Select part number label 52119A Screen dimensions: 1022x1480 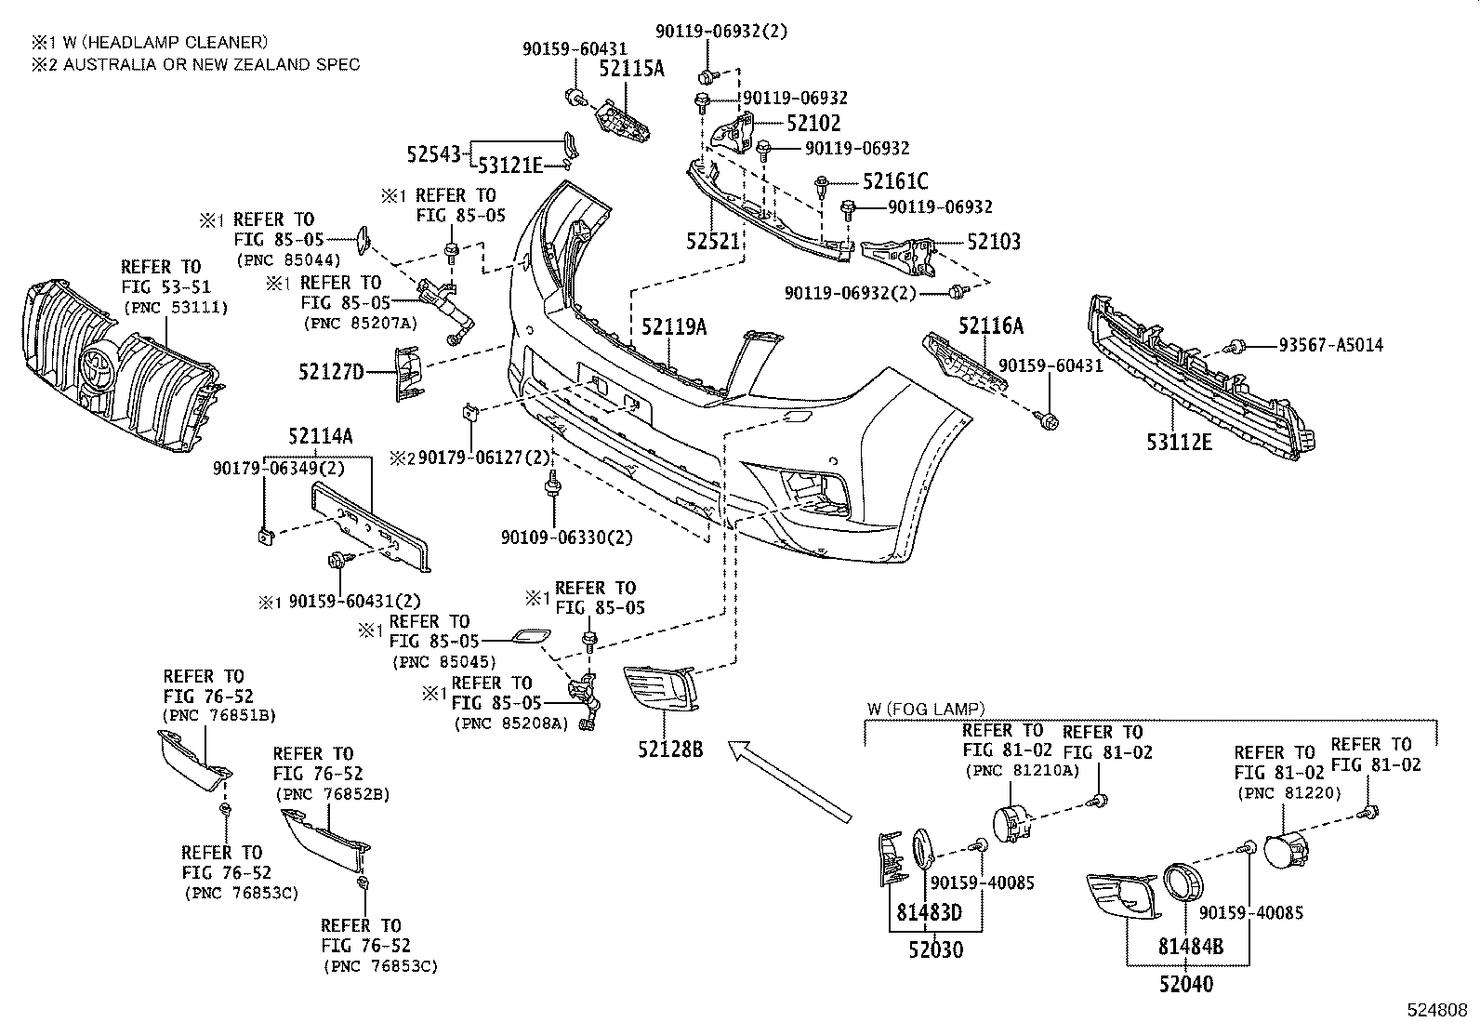tap(673, 327)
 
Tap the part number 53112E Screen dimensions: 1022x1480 tap(1179, 443)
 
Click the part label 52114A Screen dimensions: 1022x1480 tap(320, 436)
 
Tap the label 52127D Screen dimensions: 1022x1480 tap(331, 373)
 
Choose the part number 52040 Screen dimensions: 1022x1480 tap(1185, 984)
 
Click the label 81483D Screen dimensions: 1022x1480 tap(929, 913)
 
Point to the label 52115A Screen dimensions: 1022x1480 tap(631, 68)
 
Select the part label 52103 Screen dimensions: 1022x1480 tap(993, 242)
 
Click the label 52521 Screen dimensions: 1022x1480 tap(713, 242)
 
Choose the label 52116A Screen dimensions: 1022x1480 tap(991, 325)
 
